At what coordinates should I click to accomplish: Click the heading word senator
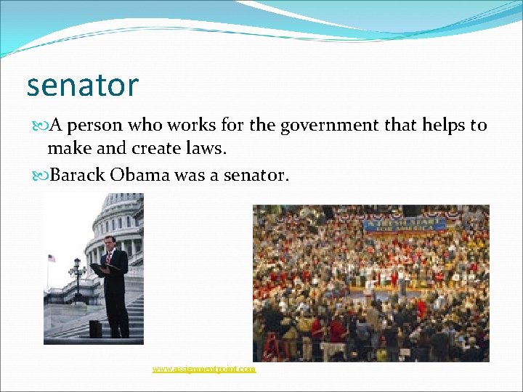click(82, 86)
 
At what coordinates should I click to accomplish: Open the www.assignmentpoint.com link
click(204, 369)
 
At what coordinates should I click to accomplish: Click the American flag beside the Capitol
click(51, 258)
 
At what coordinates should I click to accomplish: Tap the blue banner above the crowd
click(405, 224)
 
